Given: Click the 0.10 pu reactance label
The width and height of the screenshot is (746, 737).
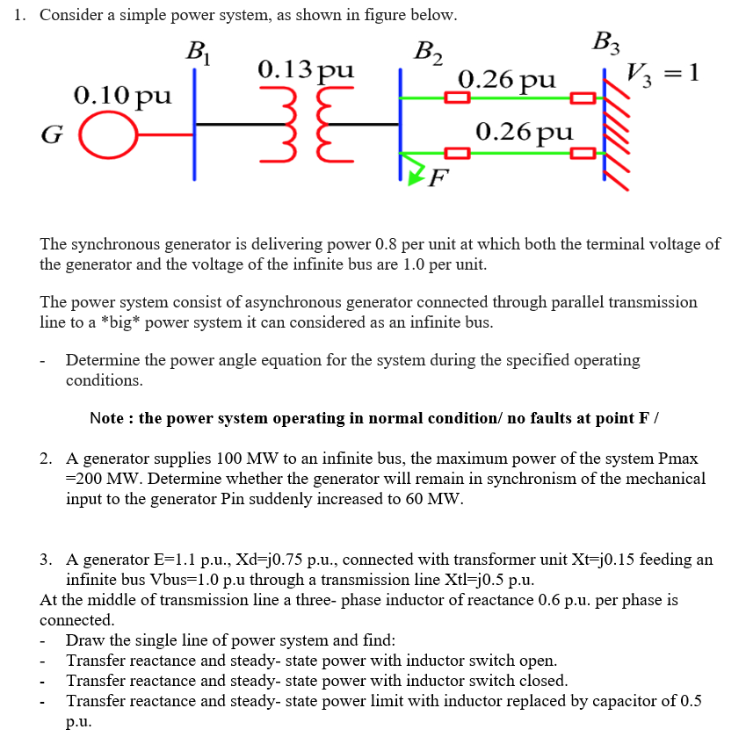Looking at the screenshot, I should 123,94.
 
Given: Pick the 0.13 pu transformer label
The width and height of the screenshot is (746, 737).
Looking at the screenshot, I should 306,69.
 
